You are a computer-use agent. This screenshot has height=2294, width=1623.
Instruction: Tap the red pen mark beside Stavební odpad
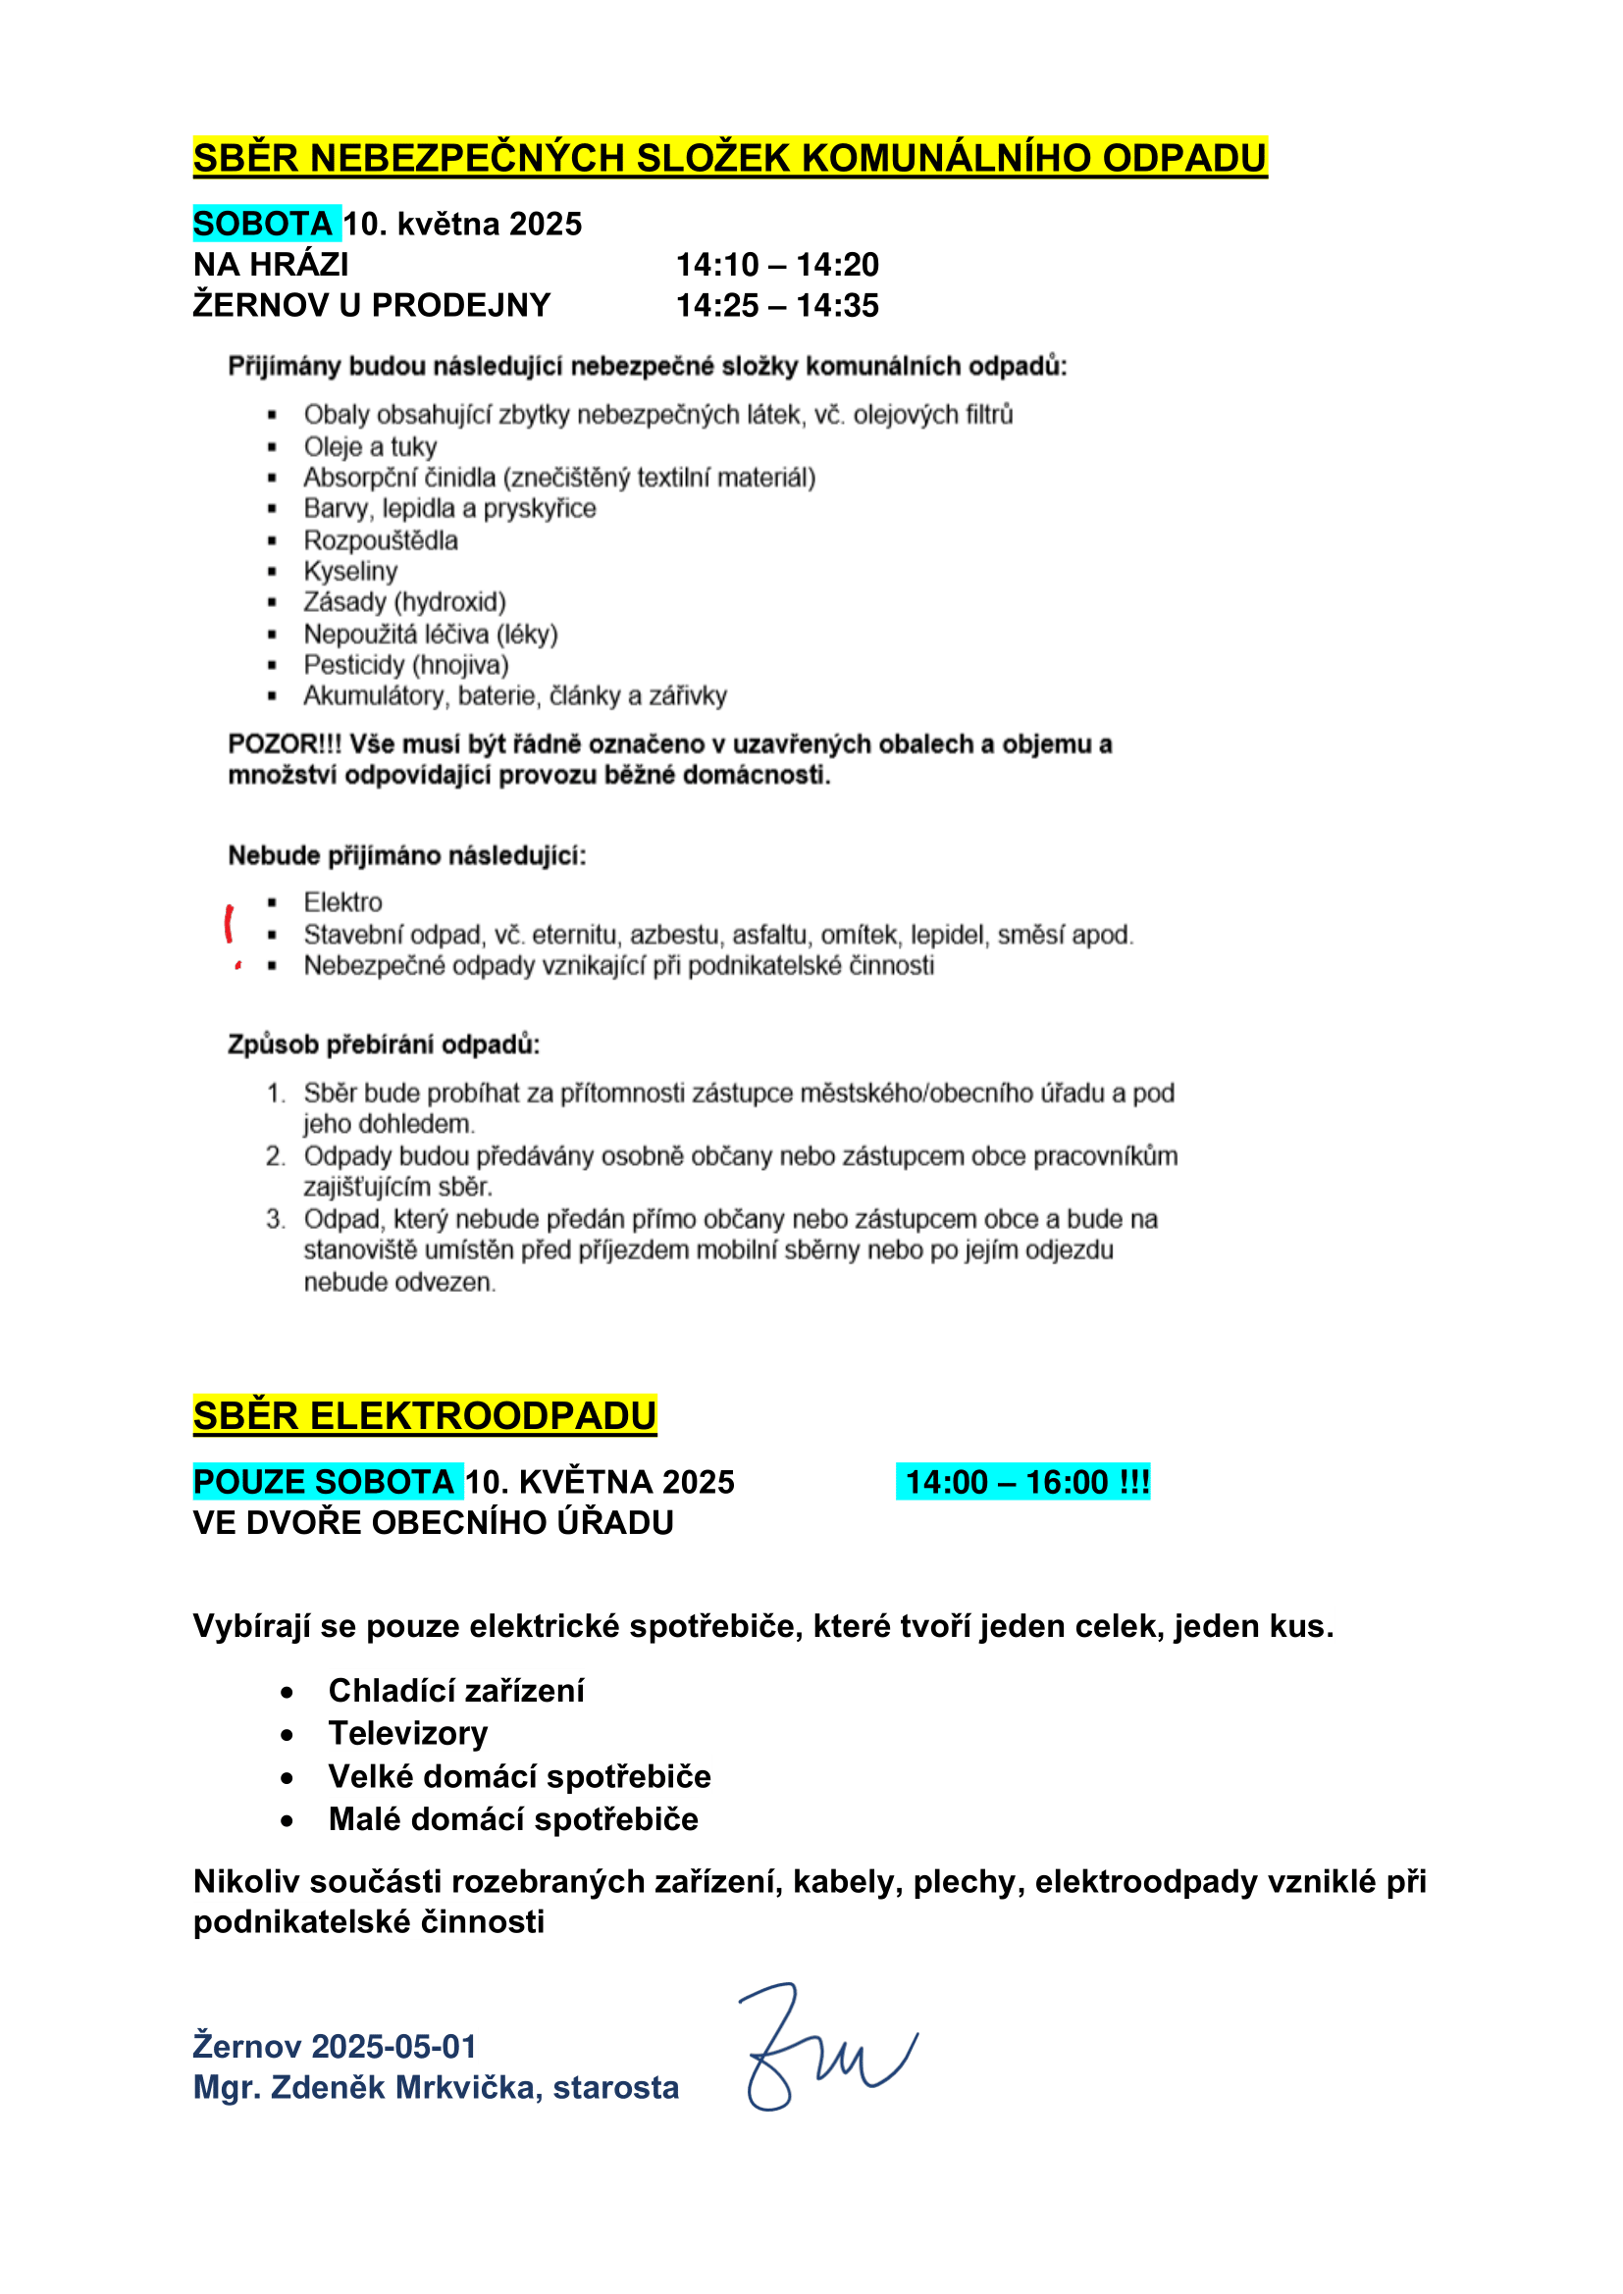[230, 924]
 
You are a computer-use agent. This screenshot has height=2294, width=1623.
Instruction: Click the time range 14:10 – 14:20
[776, 265]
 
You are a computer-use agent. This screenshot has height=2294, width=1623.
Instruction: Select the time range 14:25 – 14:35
[776, 306]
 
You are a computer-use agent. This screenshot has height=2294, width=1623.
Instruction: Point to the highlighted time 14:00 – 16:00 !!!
[1022, 1482]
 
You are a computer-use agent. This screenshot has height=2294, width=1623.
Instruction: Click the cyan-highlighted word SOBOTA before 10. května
[264, 224]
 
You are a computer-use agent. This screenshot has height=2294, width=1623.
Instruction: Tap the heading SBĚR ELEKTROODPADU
[425, 1416]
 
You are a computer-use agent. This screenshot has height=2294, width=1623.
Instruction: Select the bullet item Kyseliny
[350, 572]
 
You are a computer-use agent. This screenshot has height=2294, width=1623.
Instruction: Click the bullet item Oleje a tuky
[370, 446]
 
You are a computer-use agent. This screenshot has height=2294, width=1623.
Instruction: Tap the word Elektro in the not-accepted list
[342, 903]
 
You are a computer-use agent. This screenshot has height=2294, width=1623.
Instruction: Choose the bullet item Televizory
[408, 1733]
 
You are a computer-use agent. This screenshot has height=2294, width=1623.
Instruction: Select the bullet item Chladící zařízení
[455, 1691]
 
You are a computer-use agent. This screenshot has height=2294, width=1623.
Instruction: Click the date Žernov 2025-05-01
[335, 2046]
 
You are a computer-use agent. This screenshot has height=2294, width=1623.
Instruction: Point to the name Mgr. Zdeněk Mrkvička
[367, 2087]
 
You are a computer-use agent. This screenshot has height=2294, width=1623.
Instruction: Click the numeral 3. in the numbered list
[276, 1219]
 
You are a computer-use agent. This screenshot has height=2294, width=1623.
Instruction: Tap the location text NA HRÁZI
[271, 265]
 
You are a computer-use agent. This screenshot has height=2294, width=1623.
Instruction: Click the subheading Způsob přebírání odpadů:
[384, 1045]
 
